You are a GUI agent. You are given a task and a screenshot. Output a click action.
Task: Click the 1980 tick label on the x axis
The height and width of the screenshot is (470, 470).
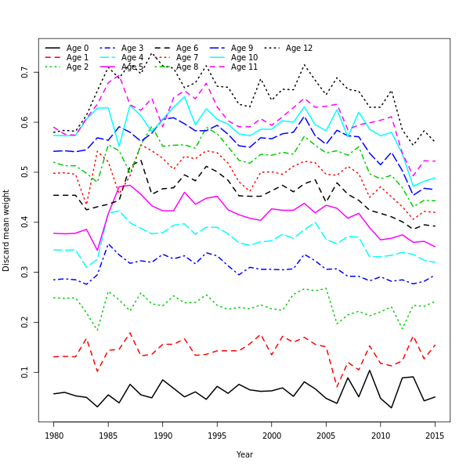tap(54, 435)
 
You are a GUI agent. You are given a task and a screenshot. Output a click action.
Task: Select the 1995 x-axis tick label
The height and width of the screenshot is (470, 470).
tap(217, 435)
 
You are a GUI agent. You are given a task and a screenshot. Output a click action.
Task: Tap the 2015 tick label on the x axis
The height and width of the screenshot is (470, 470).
tap(435, 435)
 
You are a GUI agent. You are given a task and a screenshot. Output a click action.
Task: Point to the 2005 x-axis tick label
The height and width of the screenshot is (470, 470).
tap(326, 435)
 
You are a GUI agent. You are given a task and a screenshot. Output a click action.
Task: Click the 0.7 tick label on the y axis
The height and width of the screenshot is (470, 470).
tap(26, 73)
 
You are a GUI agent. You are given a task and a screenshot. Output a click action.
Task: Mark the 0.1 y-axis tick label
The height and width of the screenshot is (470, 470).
tap(26, 372)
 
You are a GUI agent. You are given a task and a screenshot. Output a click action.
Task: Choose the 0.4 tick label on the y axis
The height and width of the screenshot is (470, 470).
tap(26, 222)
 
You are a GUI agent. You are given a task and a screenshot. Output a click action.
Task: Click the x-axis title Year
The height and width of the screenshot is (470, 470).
tap(244, 454)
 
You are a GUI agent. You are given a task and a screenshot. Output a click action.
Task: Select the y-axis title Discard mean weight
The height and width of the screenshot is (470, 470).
tap(7, 230)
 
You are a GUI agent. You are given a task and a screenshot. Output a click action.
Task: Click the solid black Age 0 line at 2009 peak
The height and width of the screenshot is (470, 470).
tap(370, 371)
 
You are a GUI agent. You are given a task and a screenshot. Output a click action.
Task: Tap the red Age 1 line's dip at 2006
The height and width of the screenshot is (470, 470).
tap(337, 387)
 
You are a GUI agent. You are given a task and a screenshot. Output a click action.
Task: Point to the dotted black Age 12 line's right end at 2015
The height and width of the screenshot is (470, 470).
tap(435, 142)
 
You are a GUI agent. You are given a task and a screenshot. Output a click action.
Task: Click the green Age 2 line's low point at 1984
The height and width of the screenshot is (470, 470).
tap(98, 330)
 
